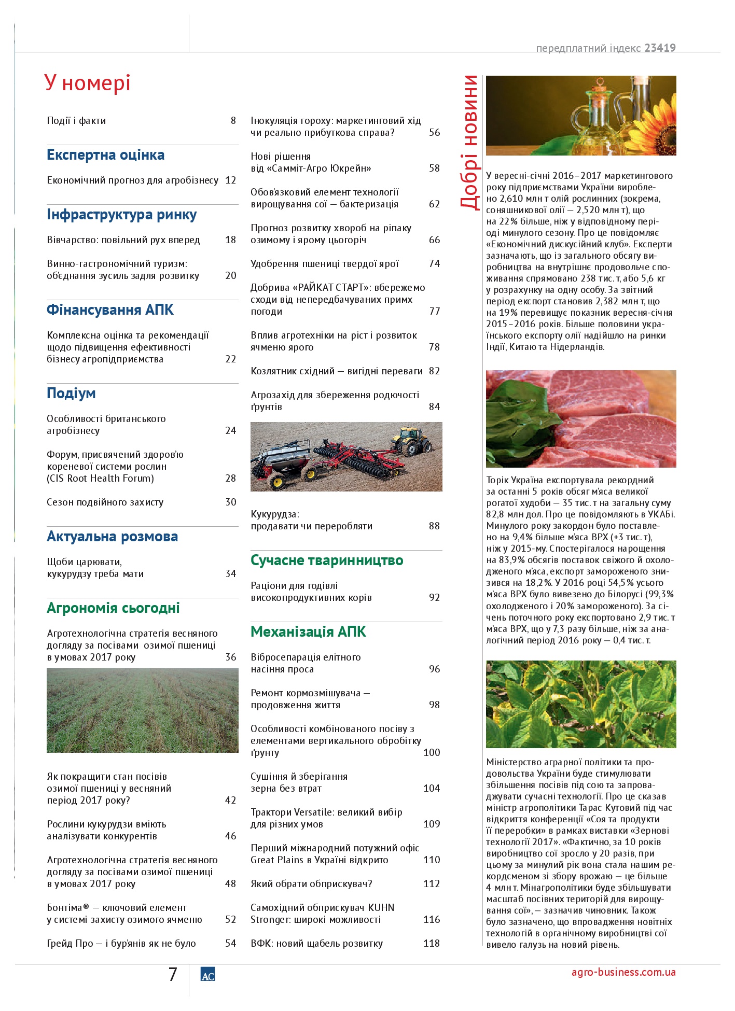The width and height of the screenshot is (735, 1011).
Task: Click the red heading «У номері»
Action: pyautogui.click(x=87, y=83)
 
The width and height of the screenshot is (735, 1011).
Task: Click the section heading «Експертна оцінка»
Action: pyautogui.click(x=105, y=155)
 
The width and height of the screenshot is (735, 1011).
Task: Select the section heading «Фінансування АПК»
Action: pyautogui.click(x=110, y=310)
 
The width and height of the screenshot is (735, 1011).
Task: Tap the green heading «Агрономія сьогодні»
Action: pyautogui.click(x=113, y=608)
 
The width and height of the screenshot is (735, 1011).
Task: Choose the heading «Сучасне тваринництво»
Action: pyautogui.click(x=327, y=560)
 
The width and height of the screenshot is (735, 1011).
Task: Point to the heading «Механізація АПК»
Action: pyautogui.click(x=308, y=632)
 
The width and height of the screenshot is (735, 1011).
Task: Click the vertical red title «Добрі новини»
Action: pyautogui.click(x=469, y=142)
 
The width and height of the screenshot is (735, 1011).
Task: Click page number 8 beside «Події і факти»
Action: pyautogui.click(x=233, y=121)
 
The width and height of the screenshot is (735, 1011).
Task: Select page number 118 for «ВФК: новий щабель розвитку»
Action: pyautogui.click(x=431, y=944)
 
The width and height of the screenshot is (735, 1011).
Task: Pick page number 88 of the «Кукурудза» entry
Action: pyautogui.click(x=434, y=526)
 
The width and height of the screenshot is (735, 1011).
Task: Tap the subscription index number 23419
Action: pyautogui.click(x=660, y=48)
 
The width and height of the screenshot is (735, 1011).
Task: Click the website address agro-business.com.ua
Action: pyautogui.click(x=623, y=972)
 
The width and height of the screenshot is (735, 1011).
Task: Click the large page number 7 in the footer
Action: pyautogui.click(x=173, y=975)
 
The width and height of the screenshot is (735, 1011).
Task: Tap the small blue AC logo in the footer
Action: pyautogui.click(x=207, y=975)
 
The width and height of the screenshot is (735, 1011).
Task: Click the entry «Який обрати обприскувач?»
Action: pyautogui.click(x=311, y=884)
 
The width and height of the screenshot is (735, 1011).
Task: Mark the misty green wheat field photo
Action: pyautogui.click(x=143, y=710)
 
